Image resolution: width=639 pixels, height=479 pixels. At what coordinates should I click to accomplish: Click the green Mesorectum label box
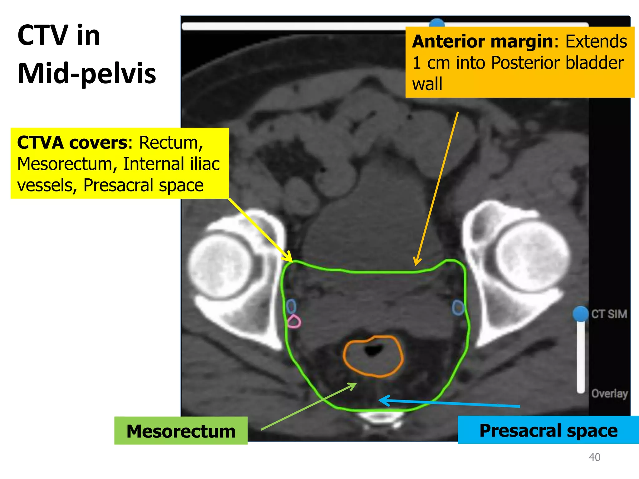(x=181, y=431)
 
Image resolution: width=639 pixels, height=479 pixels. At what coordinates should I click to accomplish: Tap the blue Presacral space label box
(x=548, y=430)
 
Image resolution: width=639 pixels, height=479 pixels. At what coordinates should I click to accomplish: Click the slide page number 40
(x=594, y=457)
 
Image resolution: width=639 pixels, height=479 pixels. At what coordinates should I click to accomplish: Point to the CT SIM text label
(x=609, y=314)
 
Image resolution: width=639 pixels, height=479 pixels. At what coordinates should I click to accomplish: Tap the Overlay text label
(x=610, y=394)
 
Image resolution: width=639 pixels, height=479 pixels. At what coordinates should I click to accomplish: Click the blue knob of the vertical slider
(x=581, y=314)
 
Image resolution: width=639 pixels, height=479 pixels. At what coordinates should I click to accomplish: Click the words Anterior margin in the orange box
(x=482, y=41)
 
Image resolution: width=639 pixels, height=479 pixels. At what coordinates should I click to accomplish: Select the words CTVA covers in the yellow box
(x=72, y=143)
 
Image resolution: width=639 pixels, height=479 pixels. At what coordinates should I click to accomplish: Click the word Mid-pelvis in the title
(x=87, y=74)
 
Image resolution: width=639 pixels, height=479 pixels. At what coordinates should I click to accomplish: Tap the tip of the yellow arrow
(x=292, y=261)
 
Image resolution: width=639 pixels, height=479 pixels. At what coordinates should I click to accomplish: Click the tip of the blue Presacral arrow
(x=379, y=400)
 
